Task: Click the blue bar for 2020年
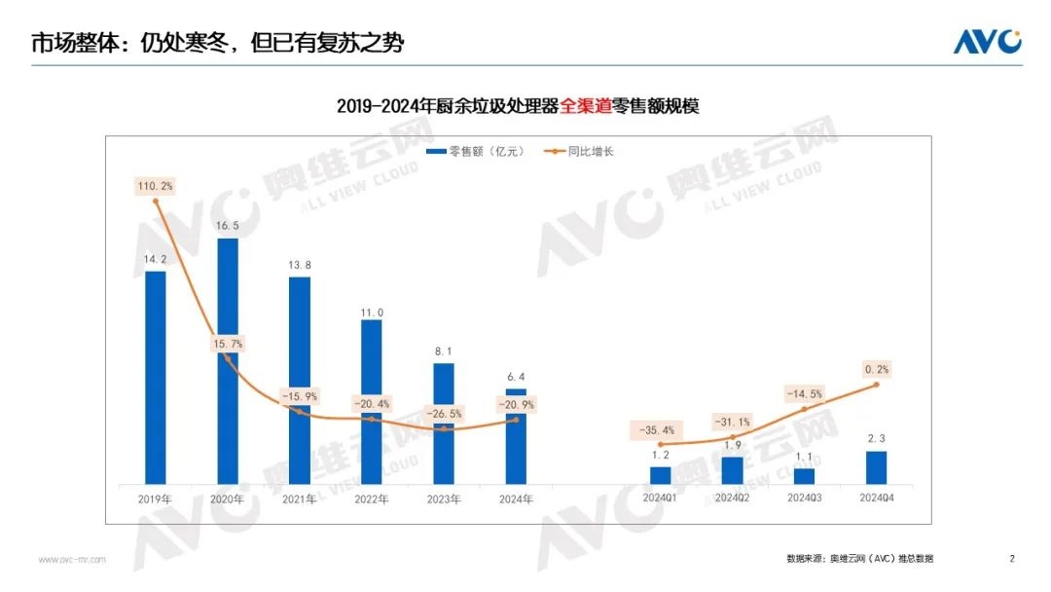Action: [x=227, y=360]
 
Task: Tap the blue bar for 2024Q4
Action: [x=876, y=466]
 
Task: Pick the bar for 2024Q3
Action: [x=804, y=475]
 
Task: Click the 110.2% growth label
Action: [x=156, y=184]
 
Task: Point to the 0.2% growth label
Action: [x=876, y=369]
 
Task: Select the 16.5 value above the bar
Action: [x=227, y=225]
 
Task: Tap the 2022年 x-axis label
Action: [x=371, y=499]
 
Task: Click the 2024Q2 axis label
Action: [x=732, y=499]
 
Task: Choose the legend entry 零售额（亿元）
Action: [x=473, y=152]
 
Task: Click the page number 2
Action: [x=1012, y=559]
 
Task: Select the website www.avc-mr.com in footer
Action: [x=72, y=560]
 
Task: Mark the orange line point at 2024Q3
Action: [x=804, y=410]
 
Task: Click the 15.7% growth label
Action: [x=227, y=344]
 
